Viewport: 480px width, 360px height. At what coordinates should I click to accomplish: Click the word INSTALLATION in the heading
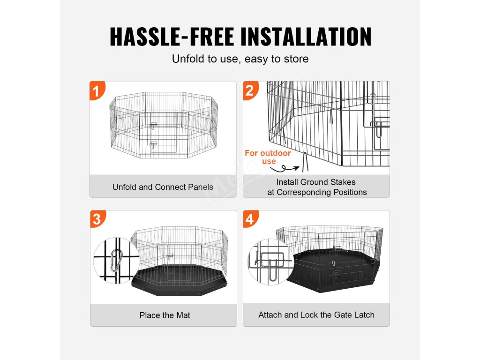coord(306,37)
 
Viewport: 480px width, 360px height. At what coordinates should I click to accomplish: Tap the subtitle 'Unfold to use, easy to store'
coord(240,59)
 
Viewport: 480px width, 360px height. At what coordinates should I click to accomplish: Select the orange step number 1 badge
coord(97,90)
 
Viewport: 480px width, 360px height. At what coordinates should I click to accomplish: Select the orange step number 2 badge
coord(250,90)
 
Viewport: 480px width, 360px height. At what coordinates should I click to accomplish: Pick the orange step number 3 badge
coord(97,219)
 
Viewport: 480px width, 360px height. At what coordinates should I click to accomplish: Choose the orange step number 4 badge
coord(250,219)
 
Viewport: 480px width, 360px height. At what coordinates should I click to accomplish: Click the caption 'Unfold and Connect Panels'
coord(163,187)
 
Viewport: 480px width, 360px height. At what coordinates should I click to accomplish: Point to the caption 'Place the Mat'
coord(165,315)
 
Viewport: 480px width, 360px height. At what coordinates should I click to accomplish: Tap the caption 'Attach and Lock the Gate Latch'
coord(316,315)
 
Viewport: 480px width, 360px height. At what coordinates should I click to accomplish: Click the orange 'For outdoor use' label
coord(268,157)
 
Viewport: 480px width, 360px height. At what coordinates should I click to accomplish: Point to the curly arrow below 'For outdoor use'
coord(285,168)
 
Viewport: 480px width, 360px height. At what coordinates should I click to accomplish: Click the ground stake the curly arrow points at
coord(305,162)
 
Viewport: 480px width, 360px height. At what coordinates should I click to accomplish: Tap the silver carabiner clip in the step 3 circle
coord(116,260)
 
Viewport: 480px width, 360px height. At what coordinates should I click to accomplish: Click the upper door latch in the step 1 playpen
coord(153,126)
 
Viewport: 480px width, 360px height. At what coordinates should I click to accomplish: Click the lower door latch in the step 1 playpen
coord(153,144)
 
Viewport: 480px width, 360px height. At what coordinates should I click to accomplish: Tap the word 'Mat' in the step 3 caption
coord(183,315)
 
